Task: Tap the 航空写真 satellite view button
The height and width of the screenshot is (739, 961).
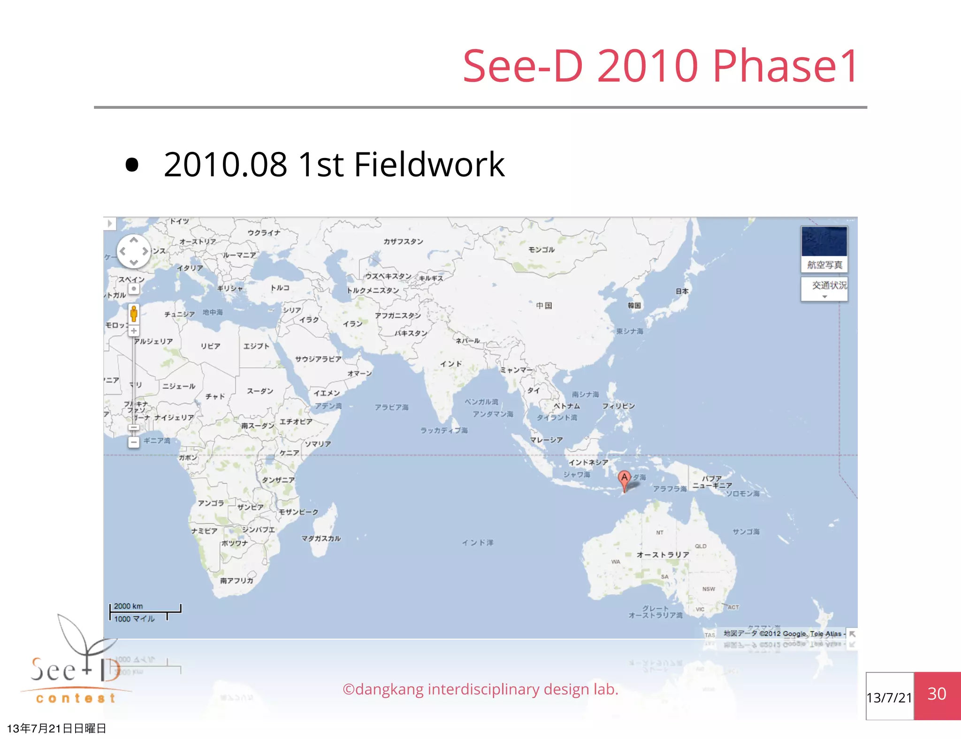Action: (x=824, y=249)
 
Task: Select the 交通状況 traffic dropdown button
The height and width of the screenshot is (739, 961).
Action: (x=824, y=288)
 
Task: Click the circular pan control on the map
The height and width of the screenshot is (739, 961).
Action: (x=134, y=251)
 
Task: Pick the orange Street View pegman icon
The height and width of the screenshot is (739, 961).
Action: (x=134, y=313)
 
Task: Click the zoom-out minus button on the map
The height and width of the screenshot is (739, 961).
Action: (x=134, y=442)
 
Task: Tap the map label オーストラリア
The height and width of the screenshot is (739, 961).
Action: (x=663, y=555)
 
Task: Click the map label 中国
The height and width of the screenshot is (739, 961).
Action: (x=544, y=306)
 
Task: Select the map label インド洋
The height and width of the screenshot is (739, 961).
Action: (x=477, y=543)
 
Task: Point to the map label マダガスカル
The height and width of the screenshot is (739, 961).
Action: (x=321, y=538)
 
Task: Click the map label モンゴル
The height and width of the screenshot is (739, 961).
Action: (x=542, y=250)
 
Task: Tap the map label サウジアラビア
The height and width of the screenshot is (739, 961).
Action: (x=318, y=359)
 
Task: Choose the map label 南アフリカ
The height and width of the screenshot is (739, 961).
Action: (x=236, y=581)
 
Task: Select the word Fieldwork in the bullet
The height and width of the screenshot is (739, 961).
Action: (x=429, y=165)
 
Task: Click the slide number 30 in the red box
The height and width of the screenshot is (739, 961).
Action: (x=937, y=694)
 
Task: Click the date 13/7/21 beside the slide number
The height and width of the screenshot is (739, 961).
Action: (x=889, y=698)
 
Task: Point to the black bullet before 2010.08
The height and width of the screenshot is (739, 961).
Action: (x=132, y=165)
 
